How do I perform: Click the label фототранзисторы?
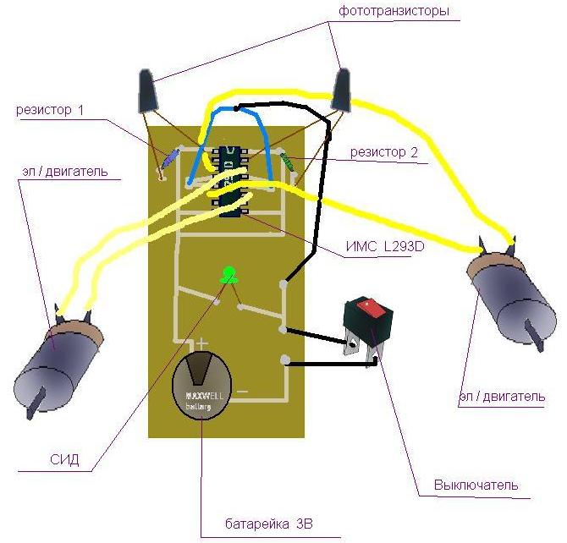[394, 11]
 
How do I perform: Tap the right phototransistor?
[343, 90]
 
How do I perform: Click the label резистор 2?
[385, 152]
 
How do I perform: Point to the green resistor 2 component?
[289, 161]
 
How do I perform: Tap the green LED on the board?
[228, 274]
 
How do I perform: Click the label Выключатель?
[476, 485]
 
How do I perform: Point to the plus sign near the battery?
[202, 343]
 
